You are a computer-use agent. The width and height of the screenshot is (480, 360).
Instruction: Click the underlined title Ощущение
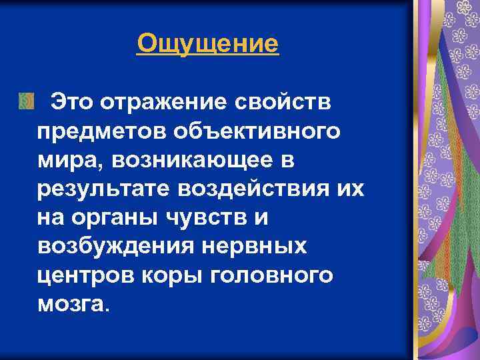point(207,45)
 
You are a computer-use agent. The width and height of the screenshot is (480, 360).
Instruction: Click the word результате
point(103,189)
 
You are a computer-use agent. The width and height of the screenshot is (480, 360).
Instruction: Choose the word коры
point(171,275)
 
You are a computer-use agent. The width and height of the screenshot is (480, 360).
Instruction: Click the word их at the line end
point(351,189)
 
